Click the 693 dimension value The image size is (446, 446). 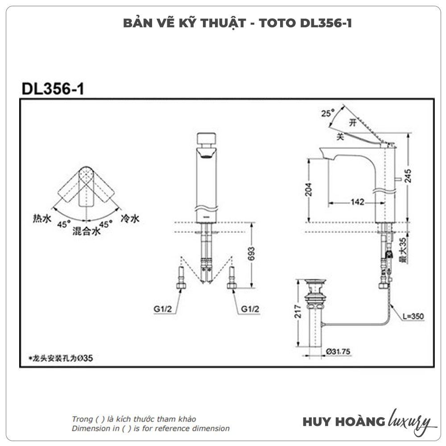coord(251,254)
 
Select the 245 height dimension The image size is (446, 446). coord(408,176)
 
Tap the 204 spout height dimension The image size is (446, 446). coord(308,190)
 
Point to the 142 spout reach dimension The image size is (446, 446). coord(357,202)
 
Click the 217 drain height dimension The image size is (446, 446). coord(297,311)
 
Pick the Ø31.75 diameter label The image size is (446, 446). coord(338,351)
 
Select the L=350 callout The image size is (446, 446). coord(413,316)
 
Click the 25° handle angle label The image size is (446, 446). coord(328,113)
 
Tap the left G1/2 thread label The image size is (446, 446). coord(163,309)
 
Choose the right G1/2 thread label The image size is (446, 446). coord(250,309)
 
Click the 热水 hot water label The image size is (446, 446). coord(42,219)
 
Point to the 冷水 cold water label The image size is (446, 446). coord(130,219)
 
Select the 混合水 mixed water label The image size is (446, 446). coord(87,231)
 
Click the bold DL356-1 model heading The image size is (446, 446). coord(53,89)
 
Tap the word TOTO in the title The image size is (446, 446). coord(277,23)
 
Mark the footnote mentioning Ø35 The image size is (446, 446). coord(61,358)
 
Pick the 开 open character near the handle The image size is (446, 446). coord(353,123)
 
